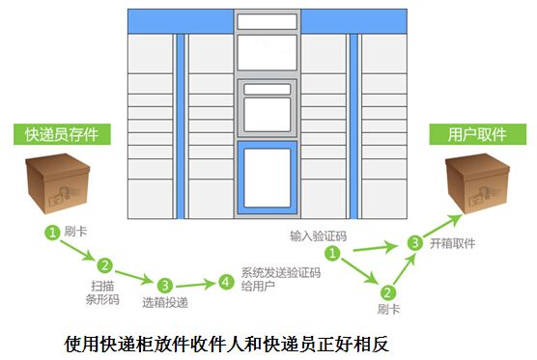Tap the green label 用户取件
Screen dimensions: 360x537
(471, 134)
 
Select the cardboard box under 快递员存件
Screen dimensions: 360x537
(59, 189)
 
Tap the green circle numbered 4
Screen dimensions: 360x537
(226, 282)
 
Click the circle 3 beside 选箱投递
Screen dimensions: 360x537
(165, 285)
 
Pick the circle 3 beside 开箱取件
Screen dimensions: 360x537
(413, 243)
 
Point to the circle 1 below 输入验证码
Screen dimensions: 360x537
(331, 254)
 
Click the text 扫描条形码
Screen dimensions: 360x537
(103, 292)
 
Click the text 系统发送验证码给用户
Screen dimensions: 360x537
(280, 279)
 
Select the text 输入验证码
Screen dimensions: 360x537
(316, 235)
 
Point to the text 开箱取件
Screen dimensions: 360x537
(455, 243)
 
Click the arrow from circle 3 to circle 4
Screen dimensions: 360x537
(196, 284)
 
